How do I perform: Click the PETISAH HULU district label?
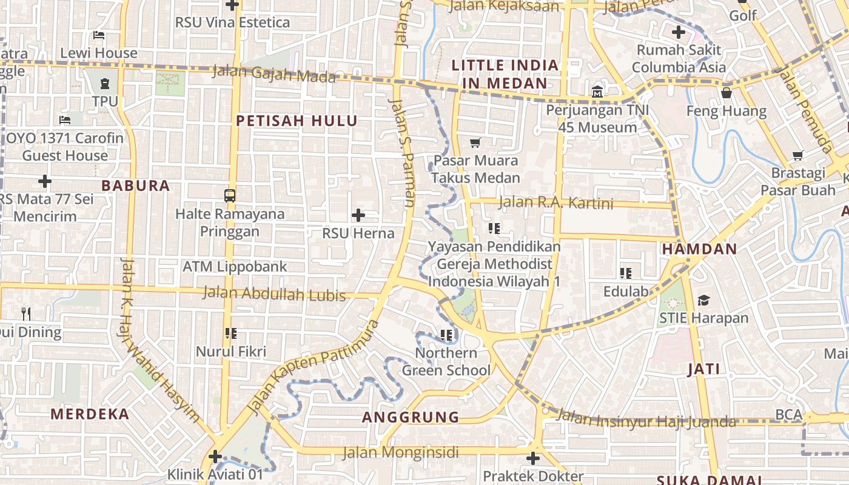tap(297, 121)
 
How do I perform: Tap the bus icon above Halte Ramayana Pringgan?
tap(230, 195)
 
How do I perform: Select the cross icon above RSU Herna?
tap(358, 215)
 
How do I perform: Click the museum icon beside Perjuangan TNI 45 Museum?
tap(597, 92)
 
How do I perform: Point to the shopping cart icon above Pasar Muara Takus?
tap(475, 143)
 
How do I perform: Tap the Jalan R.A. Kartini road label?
tap(556, 202)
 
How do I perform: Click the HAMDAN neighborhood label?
tap(699, 249)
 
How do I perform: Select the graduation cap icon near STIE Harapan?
tap(703, 300)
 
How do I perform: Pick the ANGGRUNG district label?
tap(411, 417)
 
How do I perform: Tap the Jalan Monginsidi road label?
tap(400, 452)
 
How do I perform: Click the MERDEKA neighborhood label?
tap(90, 415)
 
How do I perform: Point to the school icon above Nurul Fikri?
tap(230, 333)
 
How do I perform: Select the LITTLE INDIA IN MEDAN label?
tap(505, 73)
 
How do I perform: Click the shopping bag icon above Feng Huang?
tap(726, 93)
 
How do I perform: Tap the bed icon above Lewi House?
tap(99, 36)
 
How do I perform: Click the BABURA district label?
tap(136, 186)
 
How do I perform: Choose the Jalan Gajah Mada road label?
tap(273, 74)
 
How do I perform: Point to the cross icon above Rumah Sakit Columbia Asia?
tap(679, 32)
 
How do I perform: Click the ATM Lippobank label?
tap(235, 267)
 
